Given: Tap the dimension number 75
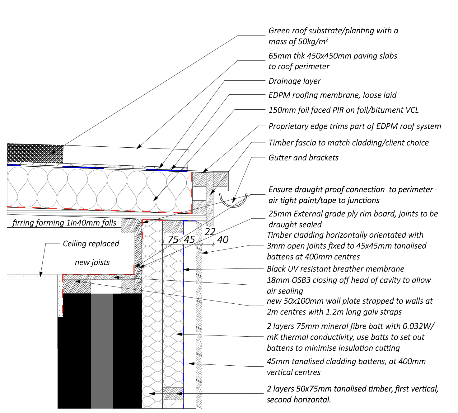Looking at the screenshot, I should (173, 240).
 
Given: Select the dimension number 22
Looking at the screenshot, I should (210, 232).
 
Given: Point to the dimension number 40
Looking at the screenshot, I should (223, 240).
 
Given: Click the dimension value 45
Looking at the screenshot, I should (189, 240).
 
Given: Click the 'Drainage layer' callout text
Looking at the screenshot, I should (294, 81).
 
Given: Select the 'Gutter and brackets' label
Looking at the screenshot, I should (303, 158).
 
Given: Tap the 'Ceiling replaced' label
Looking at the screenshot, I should (91, 244).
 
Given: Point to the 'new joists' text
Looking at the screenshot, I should (92, 262).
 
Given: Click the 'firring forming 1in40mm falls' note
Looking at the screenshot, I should (64, 223).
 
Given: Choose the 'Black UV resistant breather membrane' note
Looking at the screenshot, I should (335, 269).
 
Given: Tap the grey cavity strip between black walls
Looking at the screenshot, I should (102, 350).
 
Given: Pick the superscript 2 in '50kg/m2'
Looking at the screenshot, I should (327, 39).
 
